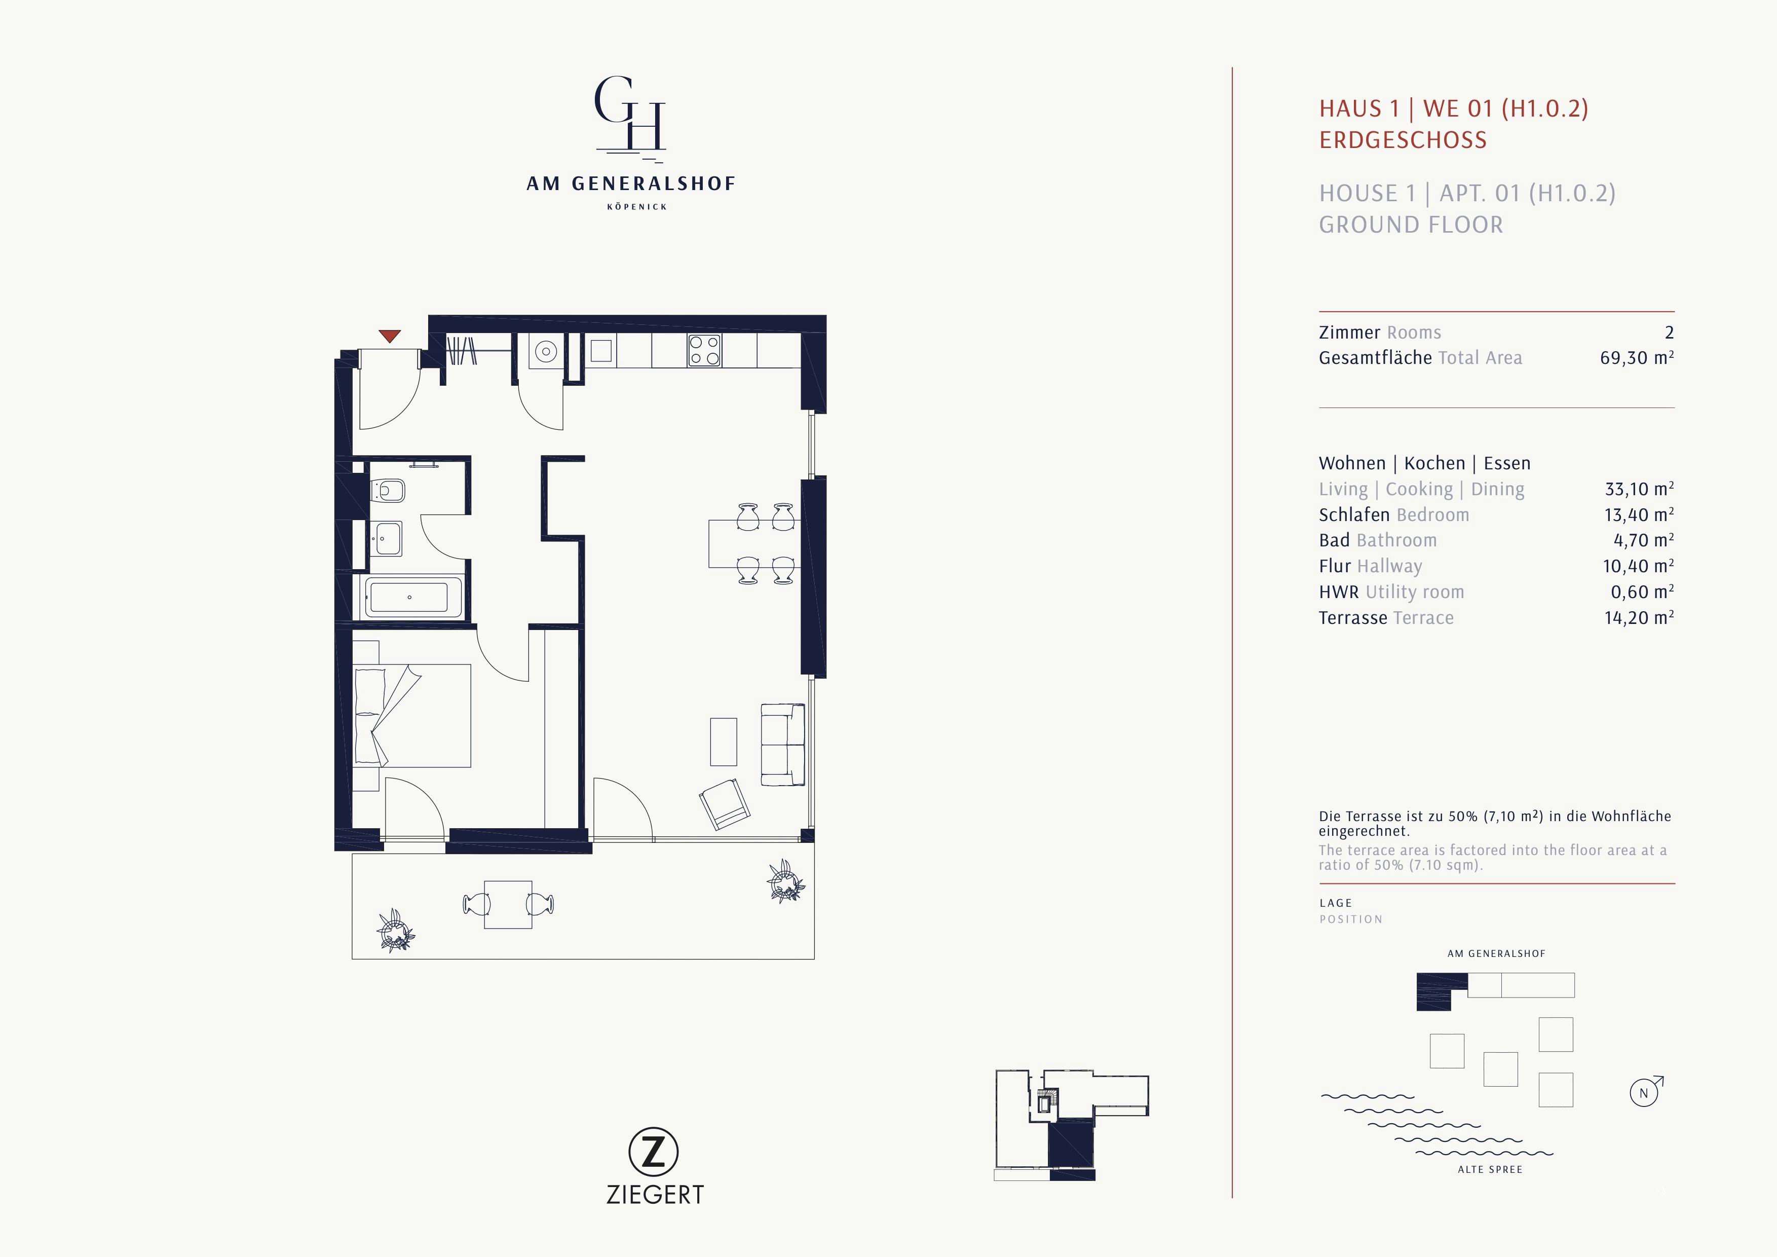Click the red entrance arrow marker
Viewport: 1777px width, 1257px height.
pos(389,336)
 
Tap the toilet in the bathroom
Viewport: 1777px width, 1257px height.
pos(389,491)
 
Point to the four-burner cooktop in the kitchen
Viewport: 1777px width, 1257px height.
pos(704,351)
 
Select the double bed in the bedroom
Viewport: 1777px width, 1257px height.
pos(412,716)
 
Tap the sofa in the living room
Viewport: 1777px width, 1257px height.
pos(782,745)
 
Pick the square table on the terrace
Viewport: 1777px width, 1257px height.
pos(508,904)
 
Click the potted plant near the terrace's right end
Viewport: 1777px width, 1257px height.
pos(785,881)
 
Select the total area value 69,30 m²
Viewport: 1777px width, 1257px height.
pos(1636,358)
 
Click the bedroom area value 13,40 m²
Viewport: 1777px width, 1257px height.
pos(1639,515)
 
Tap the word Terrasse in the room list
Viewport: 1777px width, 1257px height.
pos(1352,618)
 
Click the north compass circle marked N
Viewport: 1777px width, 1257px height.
pos(1644,1093)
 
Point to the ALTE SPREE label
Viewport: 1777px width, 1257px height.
pos(1489,1169)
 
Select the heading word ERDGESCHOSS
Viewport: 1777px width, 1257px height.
pos(1403,140)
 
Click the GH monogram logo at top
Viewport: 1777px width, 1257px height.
pos(630,115)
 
